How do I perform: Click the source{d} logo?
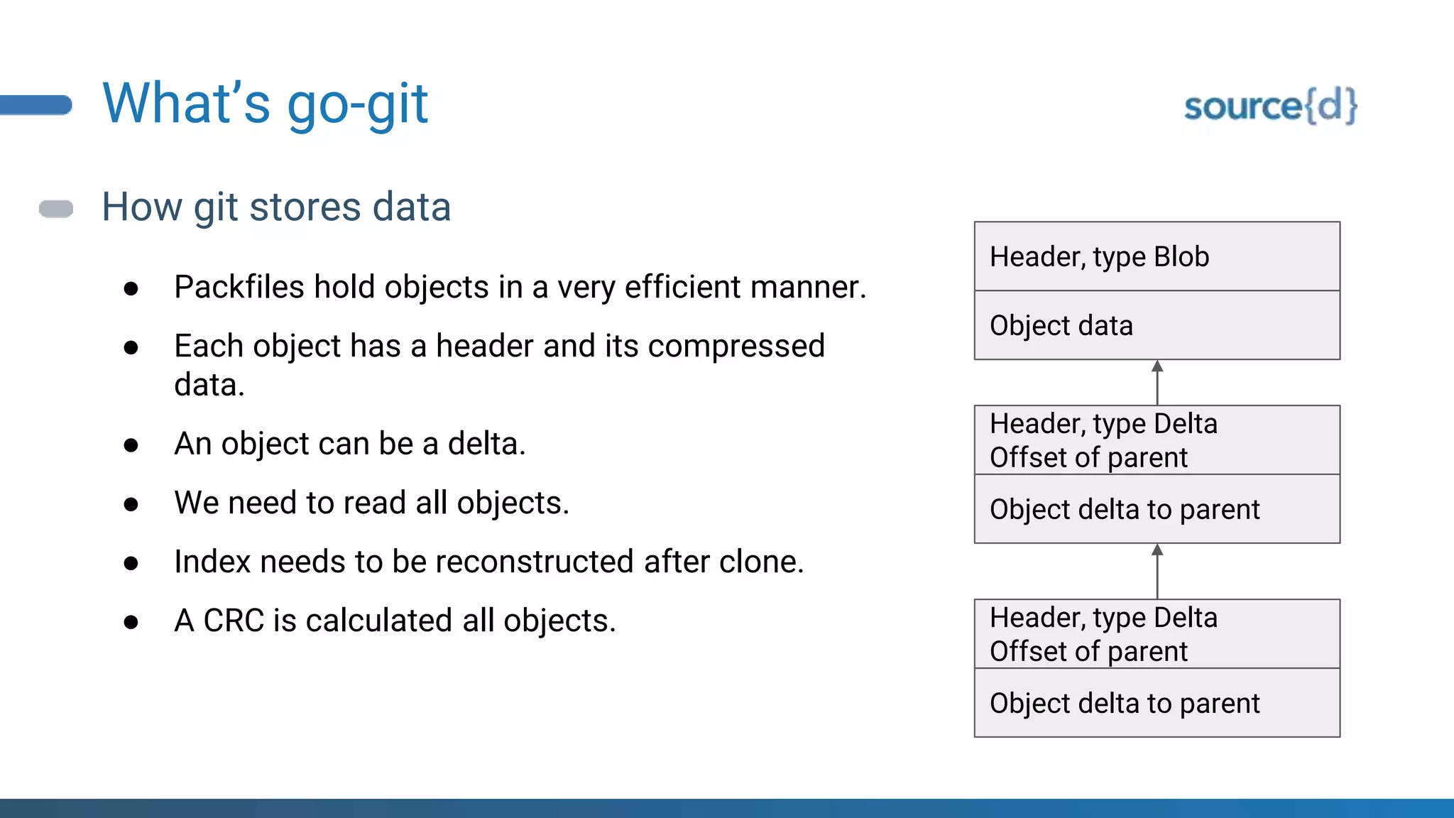click(x=1270, y=107)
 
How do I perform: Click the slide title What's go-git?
click(x=265, y=104)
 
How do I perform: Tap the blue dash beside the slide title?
click(x=35, y=104)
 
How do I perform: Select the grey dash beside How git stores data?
click(x=56, y=209)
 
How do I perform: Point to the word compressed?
click(x=736, y=347)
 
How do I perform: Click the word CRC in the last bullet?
click(x=234, y=621)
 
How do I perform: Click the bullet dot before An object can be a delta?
click(x=131, y=445)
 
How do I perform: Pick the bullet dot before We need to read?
click(x=131, y=504)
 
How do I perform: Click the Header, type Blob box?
click(x=1157, y=256)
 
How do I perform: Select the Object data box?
click(x=1157, y=325)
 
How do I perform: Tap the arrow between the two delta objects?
click(x=1157, y=571)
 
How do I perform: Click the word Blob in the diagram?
click(x=1181, y=256)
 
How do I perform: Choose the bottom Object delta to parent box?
click(x=1157, y=703)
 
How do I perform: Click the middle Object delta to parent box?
click(x=1157, y=509)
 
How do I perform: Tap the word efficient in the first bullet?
click(x=682, y=287)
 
